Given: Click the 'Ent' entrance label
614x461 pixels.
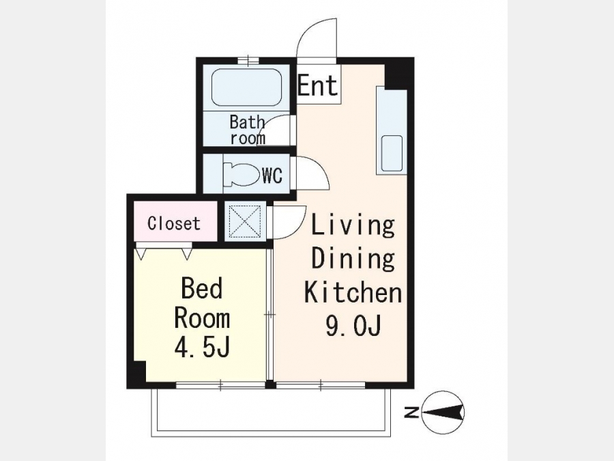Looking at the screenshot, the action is (x=317, y=85).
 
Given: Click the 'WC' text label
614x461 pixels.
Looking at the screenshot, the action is (x=272, y=176).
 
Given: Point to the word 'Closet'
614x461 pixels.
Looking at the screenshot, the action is (x=174, y=223).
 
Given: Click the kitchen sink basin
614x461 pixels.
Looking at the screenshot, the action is (x=392, y=153).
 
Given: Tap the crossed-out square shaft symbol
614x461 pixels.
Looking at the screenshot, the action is (x=245, y=221).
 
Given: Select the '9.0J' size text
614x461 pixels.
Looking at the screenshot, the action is (x=353, y=325).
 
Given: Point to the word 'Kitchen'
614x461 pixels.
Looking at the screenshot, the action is (x=353, y=292).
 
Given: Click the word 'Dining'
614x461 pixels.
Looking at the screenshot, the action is (x=353, y=259).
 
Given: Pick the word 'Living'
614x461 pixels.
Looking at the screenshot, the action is (x=353, y=226).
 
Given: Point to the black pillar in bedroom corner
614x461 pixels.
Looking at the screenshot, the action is (x=136, y=372).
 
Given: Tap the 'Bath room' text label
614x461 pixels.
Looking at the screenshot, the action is (x=247, y=130).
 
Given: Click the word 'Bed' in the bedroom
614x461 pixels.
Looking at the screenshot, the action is (x=202, y=288).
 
